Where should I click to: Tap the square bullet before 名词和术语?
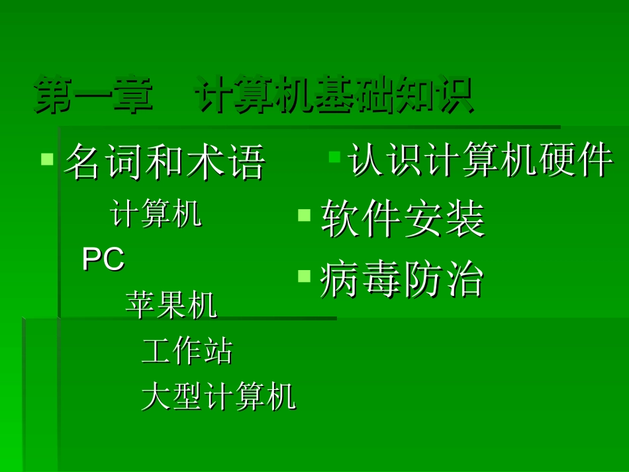click(x=47, y=159)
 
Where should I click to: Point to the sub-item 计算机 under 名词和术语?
click(x=156, y=214)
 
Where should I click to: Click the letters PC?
click(x=103, y=260)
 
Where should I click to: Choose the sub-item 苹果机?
click(x=171, y=305)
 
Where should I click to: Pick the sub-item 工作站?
click(x=187, y=351)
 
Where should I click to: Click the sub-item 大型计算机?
click(x=218, y=397)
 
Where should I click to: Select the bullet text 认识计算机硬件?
click(x=480, y=161)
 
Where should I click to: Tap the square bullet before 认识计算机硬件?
click(x=335, y=157)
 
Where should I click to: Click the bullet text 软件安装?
click(x=403, y=220)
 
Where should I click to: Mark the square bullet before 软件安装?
click(x=304, y=214)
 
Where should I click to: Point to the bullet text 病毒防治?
click(x=402, y=279)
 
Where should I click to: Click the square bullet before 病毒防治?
click(x=304, y=275)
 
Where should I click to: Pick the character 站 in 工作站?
click(x=218, y=351)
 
